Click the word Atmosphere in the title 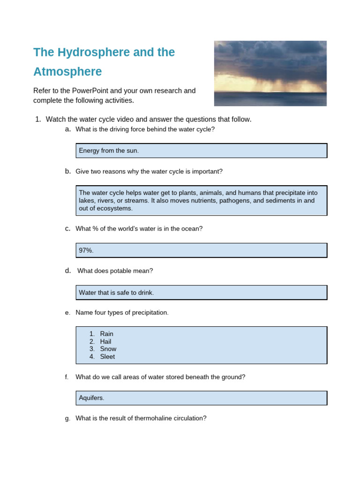[x=67, y=72]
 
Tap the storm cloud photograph [x=270, y=73]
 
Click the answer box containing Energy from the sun [x=201, y=150]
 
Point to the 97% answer [x=86, y=250]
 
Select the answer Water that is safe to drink [x=116, y=292]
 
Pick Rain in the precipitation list [x=107, y=334]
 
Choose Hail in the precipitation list [x=106, y=341]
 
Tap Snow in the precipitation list [x=108, y=349]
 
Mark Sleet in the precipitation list [x=107, y=356]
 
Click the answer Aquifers [x=91, y=398]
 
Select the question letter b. [x=68, y=171]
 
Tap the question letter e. [x=67, y=313]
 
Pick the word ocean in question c [x=192, y=228]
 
